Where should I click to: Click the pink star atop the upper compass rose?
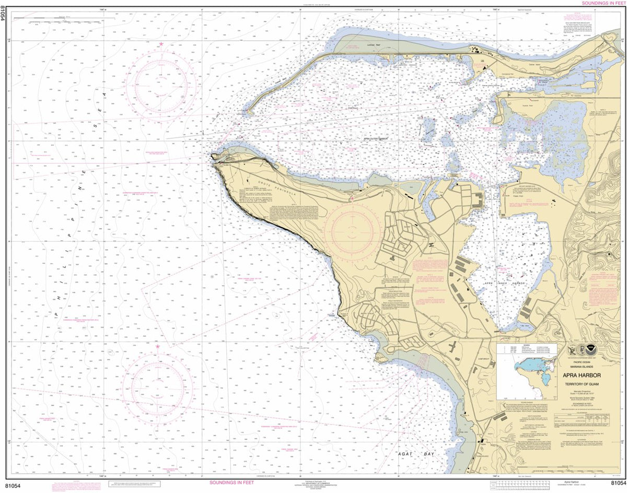point(161,43)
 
